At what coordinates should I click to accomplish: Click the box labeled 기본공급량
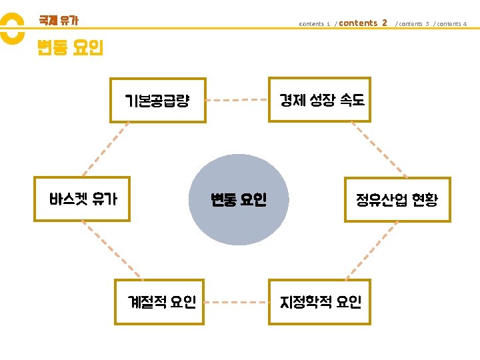[158, 101]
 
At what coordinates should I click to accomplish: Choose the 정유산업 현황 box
[397, 199]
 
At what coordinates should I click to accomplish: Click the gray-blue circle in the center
[239, 199]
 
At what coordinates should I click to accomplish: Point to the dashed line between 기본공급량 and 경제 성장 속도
[237, 100]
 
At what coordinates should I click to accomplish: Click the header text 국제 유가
[59, 21]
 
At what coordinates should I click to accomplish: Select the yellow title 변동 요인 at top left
[71, 48]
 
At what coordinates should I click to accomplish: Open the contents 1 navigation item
[315, 24]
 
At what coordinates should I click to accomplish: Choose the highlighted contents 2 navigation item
[363, 23]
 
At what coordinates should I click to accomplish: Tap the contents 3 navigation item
[413, 24]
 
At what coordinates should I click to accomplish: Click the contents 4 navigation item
[451, 24]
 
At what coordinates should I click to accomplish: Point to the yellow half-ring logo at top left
[11, 29]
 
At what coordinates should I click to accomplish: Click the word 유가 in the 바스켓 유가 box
[105, 199]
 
